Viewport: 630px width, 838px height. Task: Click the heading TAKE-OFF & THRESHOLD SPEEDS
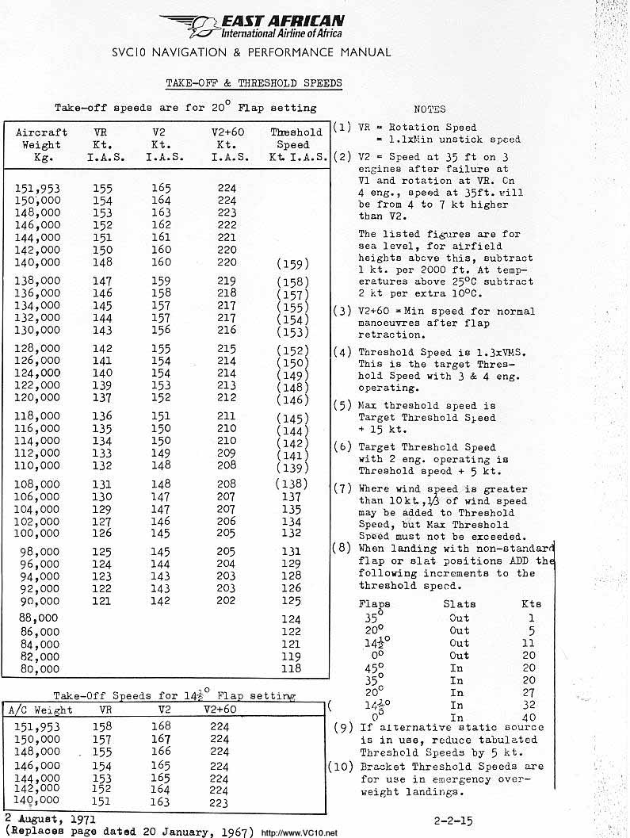pos(254,83)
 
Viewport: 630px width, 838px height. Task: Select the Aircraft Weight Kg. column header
pos(41,145)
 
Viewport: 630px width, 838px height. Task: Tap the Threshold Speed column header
pos(296,145)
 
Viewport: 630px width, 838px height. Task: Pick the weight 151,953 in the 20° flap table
pos(38,189)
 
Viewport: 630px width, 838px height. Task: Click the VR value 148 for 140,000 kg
pos(101,262)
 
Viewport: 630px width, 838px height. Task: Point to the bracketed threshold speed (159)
pos(293,264)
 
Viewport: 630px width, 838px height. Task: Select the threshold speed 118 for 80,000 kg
pos(292,668)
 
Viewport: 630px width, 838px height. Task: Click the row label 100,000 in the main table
pos(38,534)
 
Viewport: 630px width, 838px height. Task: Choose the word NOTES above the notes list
pos(430,109)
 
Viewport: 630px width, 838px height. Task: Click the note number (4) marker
pos(342,352)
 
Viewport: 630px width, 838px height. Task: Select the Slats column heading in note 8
pos(460,604)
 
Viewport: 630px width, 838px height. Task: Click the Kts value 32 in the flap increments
pos(529,705)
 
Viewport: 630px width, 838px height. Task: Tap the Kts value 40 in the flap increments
pos(529,717)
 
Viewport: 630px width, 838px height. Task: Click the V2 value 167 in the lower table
pos(162,738)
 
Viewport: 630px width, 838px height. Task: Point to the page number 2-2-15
pos(455,821)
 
